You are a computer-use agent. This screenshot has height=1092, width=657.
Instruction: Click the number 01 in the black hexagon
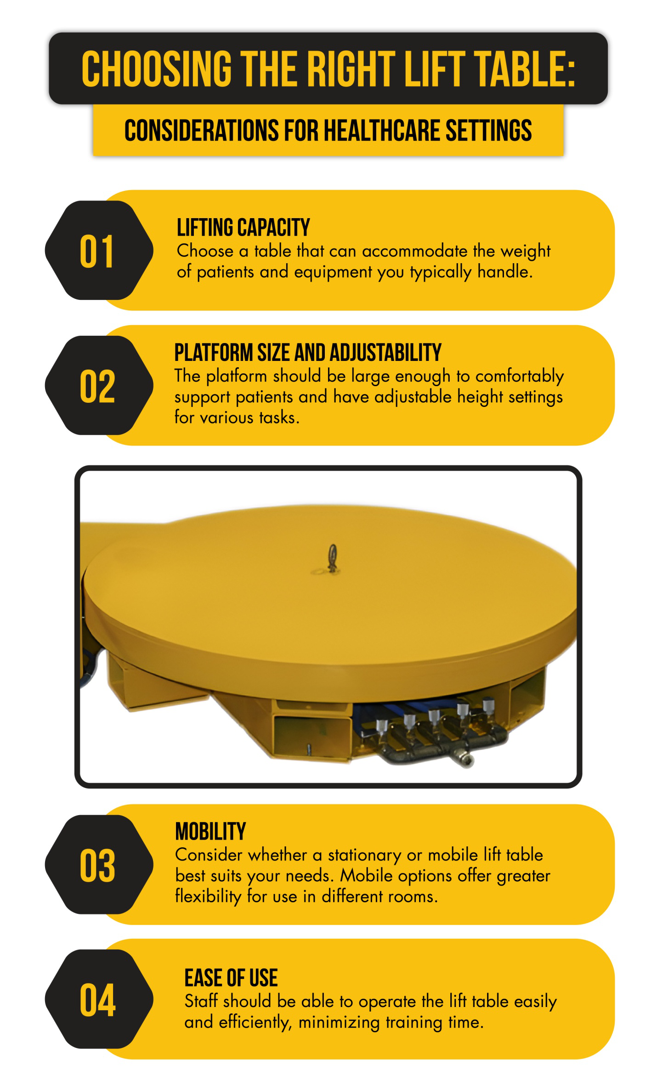(96, 251)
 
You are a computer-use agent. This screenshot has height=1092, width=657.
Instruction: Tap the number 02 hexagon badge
(99, 385)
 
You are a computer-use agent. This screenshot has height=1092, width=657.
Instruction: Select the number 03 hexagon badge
(99, 865)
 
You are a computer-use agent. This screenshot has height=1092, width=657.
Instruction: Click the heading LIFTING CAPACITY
(244, 227)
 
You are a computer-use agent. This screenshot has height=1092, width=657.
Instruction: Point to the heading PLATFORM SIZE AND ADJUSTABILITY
(308, 353)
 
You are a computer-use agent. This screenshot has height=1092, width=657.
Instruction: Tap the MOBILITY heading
(210, 832)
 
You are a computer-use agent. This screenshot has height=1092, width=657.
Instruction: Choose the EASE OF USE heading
(231, 978)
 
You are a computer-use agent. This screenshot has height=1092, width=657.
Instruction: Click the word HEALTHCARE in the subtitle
(382, 130)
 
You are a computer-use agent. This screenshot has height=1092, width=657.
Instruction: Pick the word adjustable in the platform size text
(413, 397)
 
